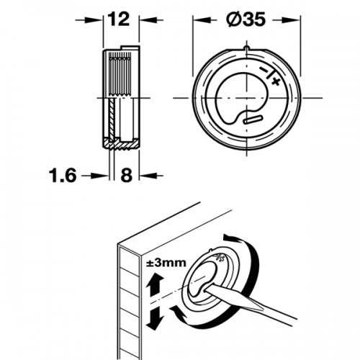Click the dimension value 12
pos(119,19)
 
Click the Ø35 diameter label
pos(246,19)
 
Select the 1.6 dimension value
pos(63,176)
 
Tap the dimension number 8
pos(127,176)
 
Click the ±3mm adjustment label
pos(166,263)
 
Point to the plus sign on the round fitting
pos(276,81)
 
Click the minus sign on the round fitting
pos(264,70)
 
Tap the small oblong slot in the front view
pos(252,120)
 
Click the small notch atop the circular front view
pos(247,48)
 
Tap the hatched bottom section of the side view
pos(121,144)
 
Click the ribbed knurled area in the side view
pos(120,75)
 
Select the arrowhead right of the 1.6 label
pos(102,176)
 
